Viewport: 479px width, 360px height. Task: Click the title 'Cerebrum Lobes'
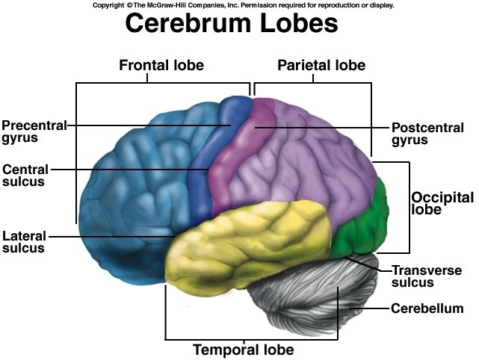232,24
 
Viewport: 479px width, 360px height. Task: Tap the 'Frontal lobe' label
161,65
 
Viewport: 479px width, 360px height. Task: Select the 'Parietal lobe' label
321,65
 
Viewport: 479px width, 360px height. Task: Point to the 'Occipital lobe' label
442,204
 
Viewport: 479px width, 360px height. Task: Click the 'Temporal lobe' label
244,349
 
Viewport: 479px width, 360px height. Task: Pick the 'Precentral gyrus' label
34,131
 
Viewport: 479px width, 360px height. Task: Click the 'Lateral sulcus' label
23,242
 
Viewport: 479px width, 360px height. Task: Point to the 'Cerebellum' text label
427,308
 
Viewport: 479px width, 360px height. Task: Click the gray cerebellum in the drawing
314,299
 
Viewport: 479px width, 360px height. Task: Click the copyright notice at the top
243,4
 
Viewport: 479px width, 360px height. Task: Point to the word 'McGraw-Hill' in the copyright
166,4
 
